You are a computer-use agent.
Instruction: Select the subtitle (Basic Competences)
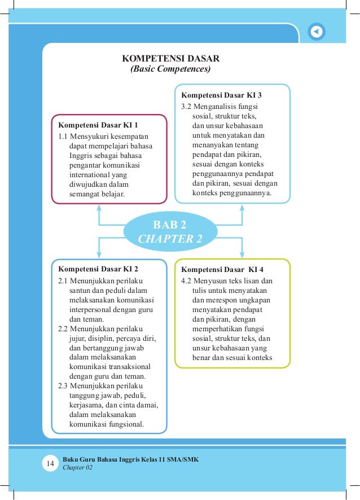click(x=170, y=70)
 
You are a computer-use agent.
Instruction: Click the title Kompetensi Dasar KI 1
click(x=98, y=124)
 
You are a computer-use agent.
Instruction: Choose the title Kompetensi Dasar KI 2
click(x=98, y=269)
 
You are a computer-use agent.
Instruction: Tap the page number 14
click(x=50, y=464)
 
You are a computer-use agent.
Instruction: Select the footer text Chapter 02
click(x=77, y=468)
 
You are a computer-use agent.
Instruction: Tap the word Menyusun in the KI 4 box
click(x=208, y=280)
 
